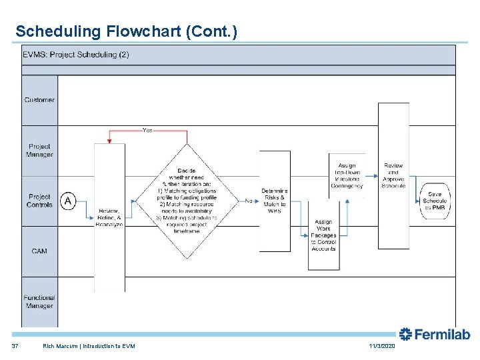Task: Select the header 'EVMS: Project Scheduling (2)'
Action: pyautogui.click(x=76, y=55)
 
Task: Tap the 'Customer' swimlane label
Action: pyautogui.click(x=39, y=100)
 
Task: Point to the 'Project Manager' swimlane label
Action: pyautogui.click(x=39, y=151)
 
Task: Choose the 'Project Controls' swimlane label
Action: pyautogui.click(x=39, y=201)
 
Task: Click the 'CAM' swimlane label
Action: pyautogui.click(x=39, y=251)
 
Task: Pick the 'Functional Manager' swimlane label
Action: pyautogui.click(x=39, y=301)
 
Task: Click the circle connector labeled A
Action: pyautogui.click(x=68, y=201)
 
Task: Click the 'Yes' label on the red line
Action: pyautogui.click(x=147, y=131)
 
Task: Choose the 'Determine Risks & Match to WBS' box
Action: pyautogui.click(x=274, y=201)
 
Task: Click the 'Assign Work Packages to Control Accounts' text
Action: pyautogui.click(x=323, y=235)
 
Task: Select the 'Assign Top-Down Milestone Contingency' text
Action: pyautogui.click(x=347, y=175)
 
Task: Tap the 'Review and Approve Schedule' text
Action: pyautogui.click(x=393, y=175)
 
